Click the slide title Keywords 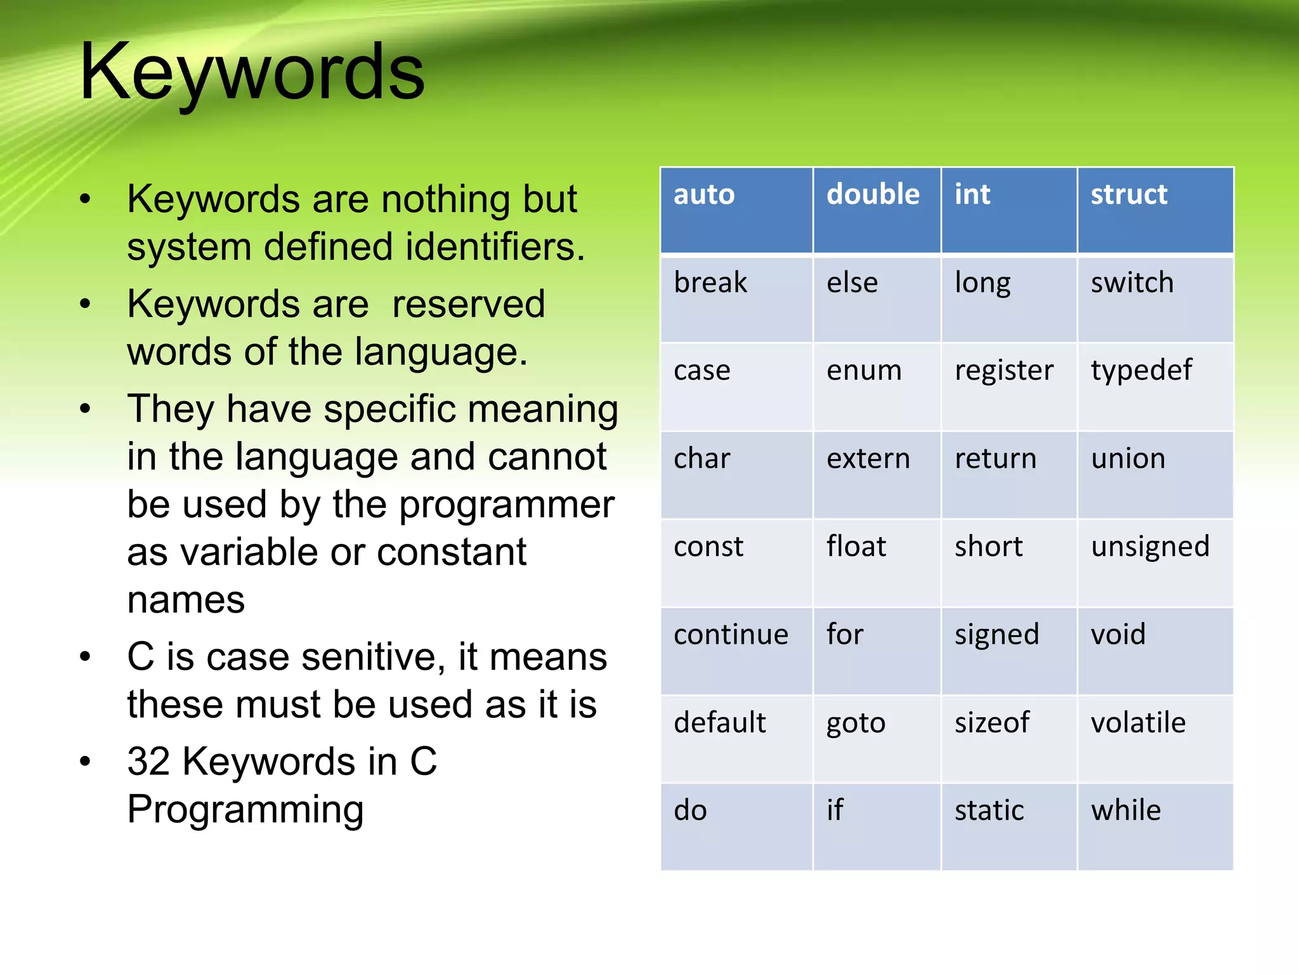[x=252, y=71]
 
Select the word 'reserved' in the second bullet [x=468, y=304]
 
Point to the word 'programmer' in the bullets [x=507, y=505]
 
